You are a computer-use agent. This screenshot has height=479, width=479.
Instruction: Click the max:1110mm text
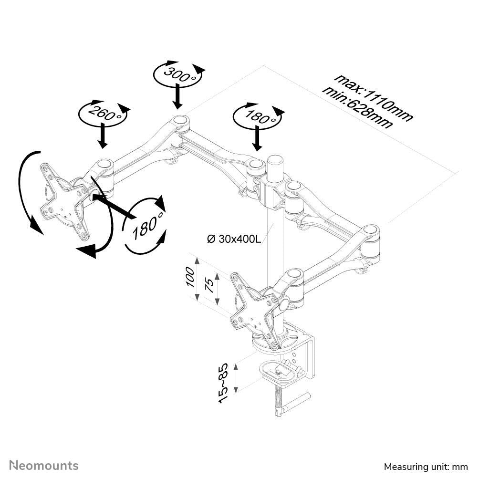(373, 97)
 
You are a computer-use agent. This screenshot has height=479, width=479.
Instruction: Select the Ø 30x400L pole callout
(234, 239)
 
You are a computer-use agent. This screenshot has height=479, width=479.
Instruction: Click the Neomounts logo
(44, 465)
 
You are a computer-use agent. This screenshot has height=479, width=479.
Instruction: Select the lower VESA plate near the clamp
(253, 310)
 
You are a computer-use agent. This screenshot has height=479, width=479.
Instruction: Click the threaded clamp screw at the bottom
(278, 401)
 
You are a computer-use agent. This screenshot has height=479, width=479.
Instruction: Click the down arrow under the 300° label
(177, 96)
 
